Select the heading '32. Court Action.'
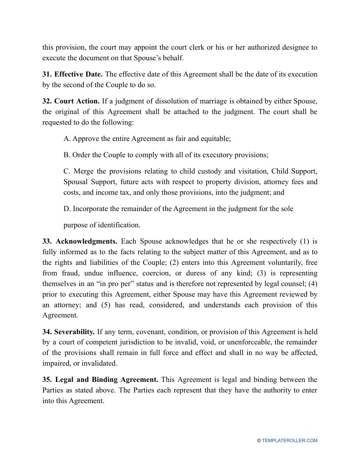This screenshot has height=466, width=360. point(71,101)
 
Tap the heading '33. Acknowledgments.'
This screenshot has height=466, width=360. point(80,241)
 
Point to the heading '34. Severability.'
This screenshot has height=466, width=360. point(69,332)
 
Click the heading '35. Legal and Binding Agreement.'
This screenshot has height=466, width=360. point(100,380)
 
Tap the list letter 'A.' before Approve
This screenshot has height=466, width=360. point(67,139)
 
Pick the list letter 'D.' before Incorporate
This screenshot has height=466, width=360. point(67,209)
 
